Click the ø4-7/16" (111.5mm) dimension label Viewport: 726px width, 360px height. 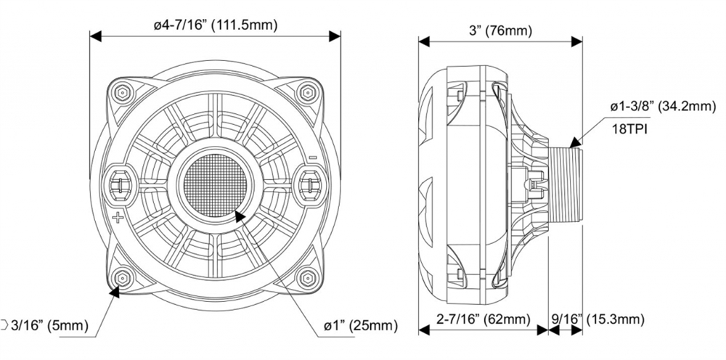tap(216, 25)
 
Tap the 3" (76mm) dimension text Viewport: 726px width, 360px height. tap(501, 30)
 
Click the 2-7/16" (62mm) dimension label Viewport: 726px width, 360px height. tap(481, 319)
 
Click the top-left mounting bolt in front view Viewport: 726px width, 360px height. tap(121, 92)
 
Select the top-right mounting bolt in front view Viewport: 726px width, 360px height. tap(309, 92)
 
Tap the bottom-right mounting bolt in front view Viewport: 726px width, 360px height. tap(309, 277)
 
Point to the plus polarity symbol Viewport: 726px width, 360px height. tap(116, 217)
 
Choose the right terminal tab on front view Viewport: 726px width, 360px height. tap(309, 181)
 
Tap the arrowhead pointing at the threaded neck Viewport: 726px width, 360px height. tap(576, 144)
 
